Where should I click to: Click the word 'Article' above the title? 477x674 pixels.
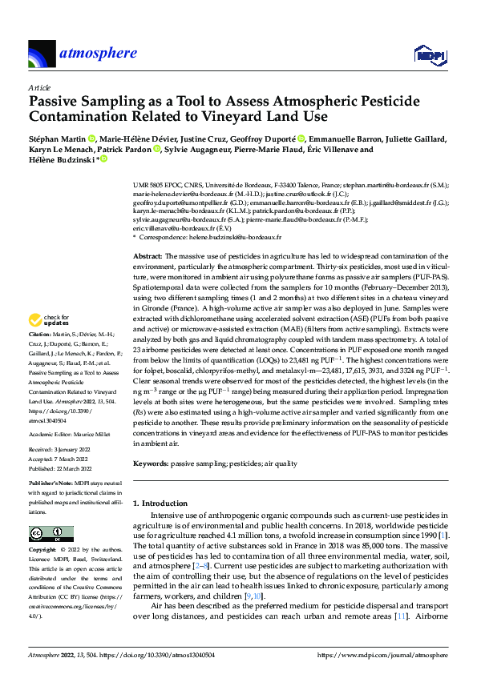(39, 86)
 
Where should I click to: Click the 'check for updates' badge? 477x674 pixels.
(51, 319)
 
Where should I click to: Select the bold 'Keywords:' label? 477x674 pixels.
(151, 463)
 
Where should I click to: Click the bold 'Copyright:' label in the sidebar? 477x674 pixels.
(43, 552)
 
